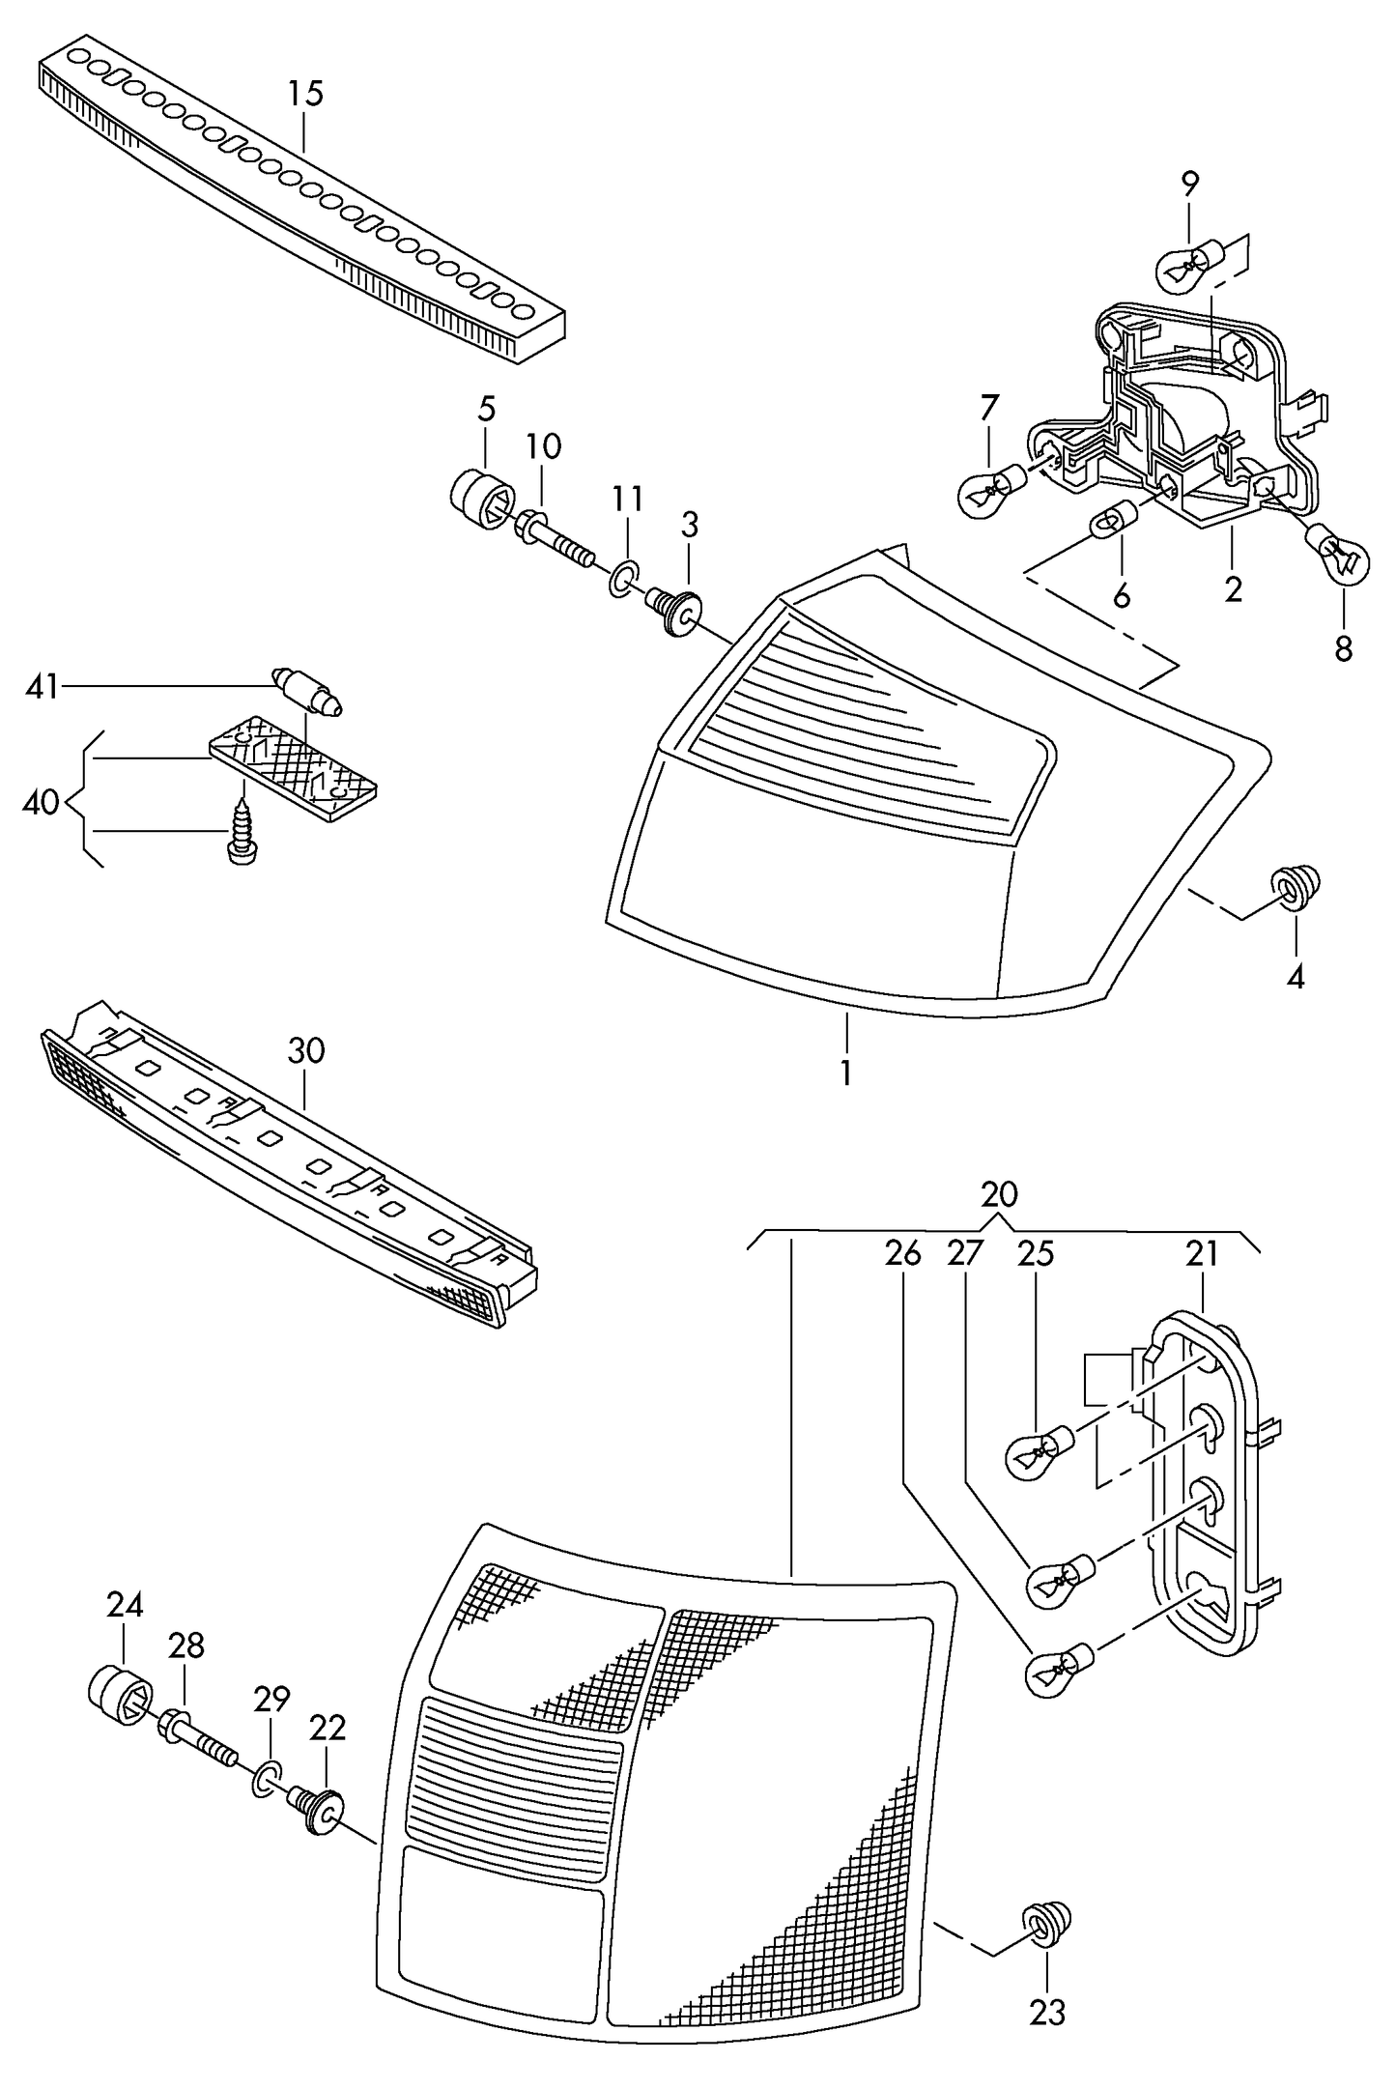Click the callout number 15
pyautogui.click(x=304, y=95)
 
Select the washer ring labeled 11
pyautogui.click(x=624, y=577)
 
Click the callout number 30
pyautogui.click(x=306, y=1050)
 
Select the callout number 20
pyautogui.click(x=999, y=1195)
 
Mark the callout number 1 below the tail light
pyautogui.click(x=846, y=1073)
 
